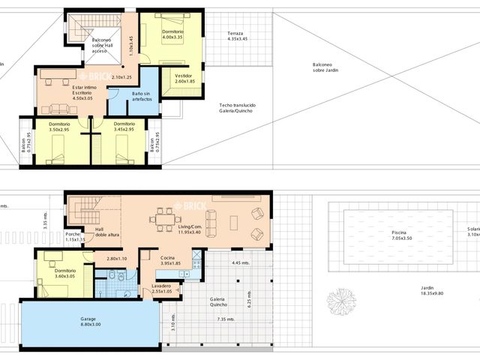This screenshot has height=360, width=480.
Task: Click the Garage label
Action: (88, 321)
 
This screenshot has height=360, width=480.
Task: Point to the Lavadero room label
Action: (162, 287)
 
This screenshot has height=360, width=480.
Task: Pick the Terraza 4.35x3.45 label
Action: (240, 37)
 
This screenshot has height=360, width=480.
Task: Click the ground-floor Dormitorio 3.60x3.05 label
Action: (64, 273)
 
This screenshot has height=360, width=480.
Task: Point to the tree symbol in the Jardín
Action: (337, 299)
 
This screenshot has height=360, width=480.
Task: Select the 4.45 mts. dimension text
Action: (241, 262)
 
